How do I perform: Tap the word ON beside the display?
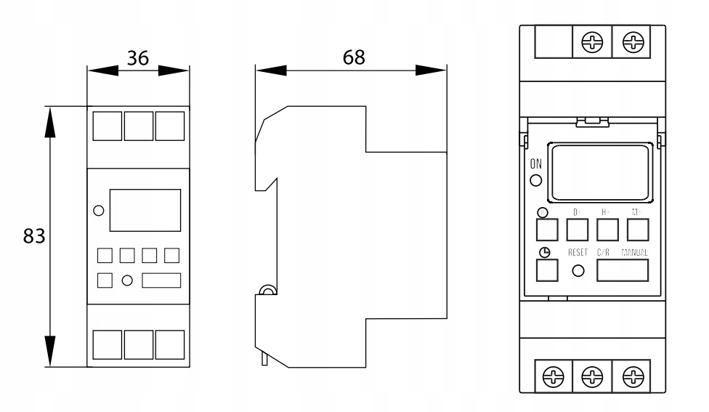536,164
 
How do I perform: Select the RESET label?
579,253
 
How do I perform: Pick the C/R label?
604,253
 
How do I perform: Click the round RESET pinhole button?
579,271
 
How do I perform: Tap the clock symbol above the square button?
544,252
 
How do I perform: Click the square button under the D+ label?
577,230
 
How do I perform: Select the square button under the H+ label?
607,230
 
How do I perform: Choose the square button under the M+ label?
637,230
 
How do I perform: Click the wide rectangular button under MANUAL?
623,270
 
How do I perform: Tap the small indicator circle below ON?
536,180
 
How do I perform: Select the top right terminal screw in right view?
635,41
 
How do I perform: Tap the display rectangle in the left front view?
145,211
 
